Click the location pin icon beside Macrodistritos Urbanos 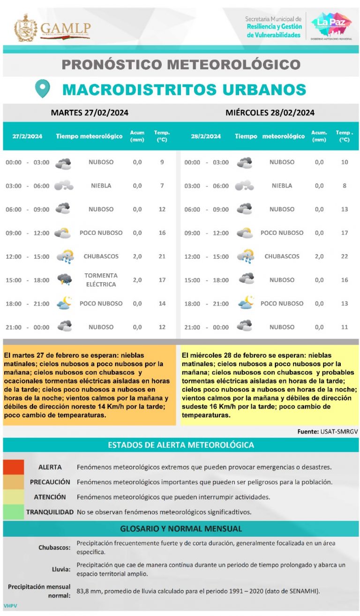pyautogui.click(x=43, y=89)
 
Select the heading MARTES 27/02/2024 pyautogui.click(x=90, y=113)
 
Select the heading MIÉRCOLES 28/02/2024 pyautogui.click(x=270, y=113)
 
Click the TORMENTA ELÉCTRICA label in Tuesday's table pyautogui.click(x=101, y=280)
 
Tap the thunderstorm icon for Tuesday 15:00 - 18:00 pyautogui.click(x=64, y=280)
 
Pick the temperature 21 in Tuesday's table pyautogui.click(x=162, y=256)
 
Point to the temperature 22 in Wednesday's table pyautogui.click(x=345, y=256)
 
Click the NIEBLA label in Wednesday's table pyautogui.click(x=282, y=186)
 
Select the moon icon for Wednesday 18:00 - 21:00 pyautogui.click(x=245, y=303)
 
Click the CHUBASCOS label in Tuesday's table pyautogui.click(x=101, y=256)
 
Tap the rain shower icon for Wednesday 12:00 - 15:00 pyautogui.click(x=245, y=256)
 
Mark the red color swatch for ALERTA pyautogui.click(x=13, y=467)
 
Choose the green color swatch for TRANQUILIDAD pyautogui.click(x=13, y=512)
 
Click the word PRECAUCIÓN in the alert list pyautogui.click(x=50, y=482)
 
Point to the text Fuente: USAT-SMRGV pyautogui.click(x=327, y=431)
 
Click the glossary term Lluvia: pyautogui.click(x=61, y=569)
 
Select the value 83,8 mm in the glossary pyautogui.click(x=89, y=591)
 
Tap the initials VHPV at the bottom pyautogui.click(x=10, y=606)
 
